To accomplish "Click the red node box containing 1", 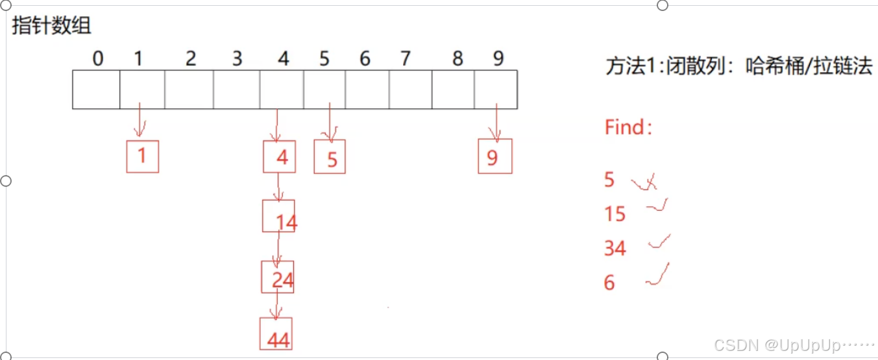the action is tap(142, 156).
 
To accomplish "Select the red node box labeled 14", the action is tap(279, 216).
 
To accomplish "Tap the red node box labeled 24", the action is tap(278, 277).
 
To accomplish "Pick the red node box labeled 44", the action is tap(276, 334).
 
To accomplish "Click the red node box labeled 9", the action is tap(494, 156).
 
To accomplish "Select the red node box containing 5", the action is tap(330, 157).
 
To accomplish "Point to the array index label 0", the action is tap(97, 59).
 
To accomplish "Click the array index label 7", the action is tap(406, 59).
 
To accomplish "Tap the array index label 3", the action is tap(237, 59).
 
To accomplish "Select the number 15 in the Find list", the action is tap(615, 213).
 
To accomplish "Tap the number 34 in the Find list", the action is tap(615, 248).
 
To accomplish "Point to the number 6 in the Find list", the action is tap(609, 282).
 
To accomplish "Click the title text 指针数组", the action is tap(52, 26).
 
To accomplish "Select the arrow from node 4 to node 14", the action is tap(278, 187).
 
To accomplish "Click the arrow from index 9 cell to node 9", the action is tap(497, 123).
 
